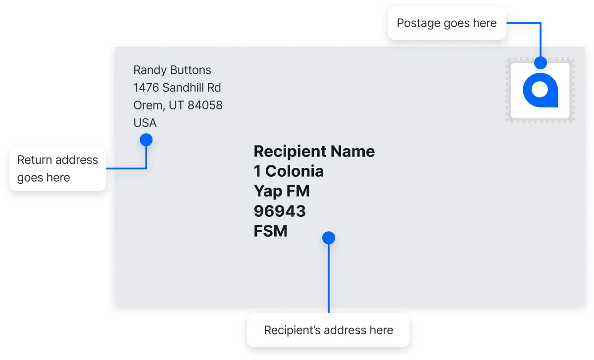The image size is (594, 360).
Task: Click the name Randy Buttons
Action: [x=172, y=70]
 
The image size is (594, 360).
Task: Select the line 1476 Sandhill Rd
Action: [x=177, y=88]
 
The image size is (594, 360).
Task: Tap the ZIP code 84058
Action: [x=205, y=105]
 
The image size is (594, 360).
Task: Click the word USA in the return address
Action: [x=145, y=123]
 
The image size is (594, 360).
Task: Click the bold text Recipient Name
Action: [x=314, y=152]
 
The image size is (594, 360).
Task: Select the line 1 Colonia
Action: [x=289, y=171]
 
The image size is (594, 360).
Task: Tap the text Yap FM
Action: [x=282, y=191]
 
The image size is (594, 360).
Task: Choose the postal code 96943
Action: [x=280, y=211]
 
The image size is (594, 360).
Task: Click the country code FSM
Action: [x=270, y=231]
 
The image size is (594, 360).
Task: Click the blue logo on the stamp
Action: [x=541, y=90]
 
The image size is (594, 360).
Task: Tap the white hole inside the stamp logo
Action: [x=540, y=90]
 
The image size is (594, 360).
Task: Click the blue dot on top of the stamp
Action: [x=541, y=62]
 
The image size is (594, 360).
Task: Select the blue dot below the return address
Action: [x=146, y=140]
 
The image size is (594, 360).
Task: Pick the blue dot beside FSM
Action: [x=329, y=238]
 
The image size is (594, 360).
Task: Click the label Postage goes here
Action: [x=447, y=23]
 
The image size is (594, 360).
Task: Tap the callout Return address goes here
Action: [x=58, y=169]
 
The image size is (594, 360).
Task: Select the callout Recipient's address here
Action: [x=328, y=330]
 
